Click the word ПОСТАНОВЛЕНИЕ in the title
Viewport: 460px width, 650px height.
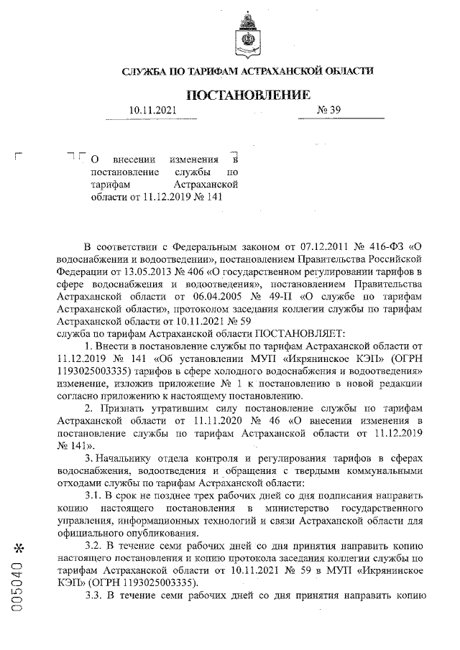click(249, 95)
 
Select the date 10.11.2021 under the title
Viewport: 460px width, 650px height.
click(152, 111)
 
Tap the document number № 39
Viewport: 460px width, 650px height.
click(328, 111)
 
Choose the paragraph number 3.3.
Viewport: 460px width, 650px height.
click(95, 595)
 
